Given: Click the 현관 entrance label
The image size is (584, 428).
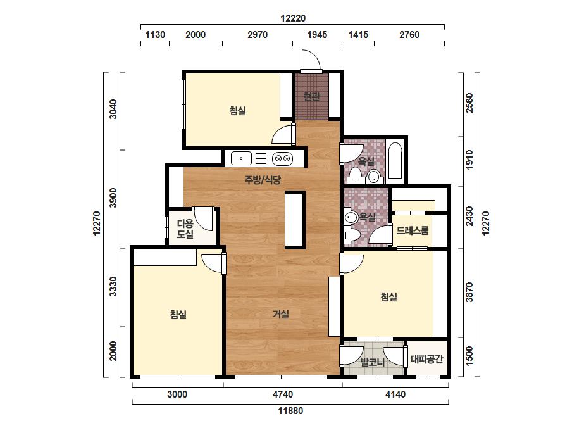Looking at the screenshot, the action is (x=311, y=97).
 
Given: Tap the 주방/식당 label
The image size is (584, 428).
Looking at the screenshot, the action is (x=263, y=180).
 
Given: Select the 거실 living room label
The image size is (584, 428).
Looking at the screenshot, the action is (x=281, y=314).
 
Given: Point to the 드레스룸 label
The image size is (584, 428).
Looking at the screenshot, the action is (x=413, y=230).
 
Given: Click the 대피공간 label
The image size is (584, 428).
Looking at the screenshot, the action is (x=427, y=359).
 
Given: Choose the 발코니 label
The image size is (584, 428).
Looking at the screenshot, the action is (x=373, y=362).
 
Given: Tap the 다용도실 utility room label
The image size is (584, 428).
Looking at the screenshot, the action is (x=185, y=229).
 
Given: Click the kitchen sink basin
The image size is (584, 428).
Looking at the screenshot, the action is (x=241, y=158).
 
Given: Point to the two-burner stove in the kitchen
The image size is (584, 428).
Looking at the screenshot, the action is (x=282, y=159).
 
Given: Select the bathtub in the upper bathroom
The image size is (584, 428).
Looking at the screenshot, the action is (x=395, y=161).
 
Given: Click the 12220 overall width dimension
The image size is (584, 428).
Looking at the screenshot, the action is (x=293, y=18).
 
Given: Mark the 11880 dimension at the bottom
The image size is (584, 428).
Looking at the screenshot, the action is (x=290, y=411).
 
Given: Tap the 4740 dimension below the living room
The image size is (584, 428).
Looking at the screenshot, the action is (x=283, y=394).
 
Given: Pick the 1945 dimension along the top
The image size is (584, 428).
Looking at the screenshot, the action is (x=317, y=35).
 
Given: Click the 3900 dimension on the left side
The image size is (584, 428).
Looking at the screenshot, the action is (x=113, y=198).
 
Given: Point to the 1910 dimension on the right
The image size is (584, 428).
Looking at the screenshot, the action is (x=469, y=160).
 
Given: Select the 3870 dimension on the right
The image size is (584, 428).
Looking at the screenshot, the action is (x=469, y=293).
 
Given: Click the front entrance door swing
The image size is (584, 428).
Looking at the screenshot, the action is (x=311, y=60).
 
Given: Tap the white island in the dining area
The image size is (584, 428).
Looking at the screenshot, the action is (x=295, y=220).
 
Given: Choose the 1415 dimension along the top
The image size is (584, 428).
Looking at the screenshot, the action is (x=358, y=35).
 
